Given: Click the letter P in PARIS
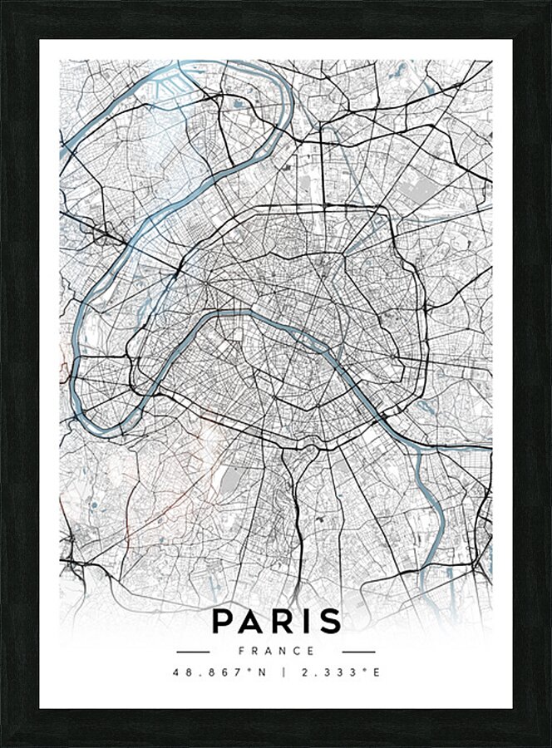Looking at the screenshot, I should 223,622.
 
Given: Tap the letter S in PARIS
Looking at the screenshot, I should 329,622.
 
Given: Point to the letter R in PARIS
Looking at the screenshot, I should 280,622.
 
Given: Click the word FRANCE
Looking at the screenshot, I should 276,652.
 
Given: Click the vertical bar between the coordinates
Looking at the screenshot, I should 282,672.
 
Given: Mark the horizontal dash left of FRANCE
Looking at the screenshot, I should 193,652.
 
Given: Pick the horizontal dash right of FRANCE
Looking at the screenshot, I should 358,652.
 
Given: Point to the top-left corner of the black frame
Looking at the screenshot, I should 3,3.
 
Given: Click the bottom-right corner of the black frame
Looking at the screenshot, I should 548,744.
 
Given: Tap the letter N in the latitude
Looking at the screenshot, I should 259,672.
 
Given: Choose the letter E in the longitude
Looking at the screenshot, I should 375,672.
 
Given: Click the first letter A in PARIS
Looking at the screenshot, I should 251,622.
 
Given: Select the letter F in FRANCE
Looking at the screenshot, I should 242,652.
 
